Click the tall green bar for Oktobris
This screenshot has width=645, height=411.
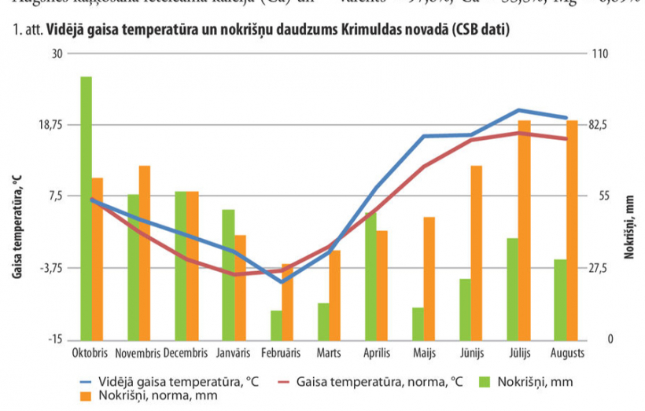[86, 207]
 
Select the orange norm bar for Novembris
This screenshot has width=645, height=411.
[145, 252]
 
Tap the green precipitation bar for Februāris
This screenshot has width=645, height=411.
[276, 325]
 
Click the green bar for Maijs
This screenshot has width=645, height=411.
[418, 323]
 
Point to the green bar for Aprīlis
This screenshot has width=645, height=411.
[370, 275]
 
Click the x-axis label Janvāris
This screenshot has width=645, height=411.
[234, 353]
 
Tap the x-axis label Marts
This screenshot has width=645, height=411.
[329, 353]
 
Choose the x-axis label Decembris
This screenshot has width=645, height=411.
[186, 353]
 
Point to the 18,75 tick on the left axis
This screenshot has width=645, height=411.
[50, 125]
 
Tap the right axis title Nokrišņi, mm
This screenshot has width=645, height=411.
[629, 227]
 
